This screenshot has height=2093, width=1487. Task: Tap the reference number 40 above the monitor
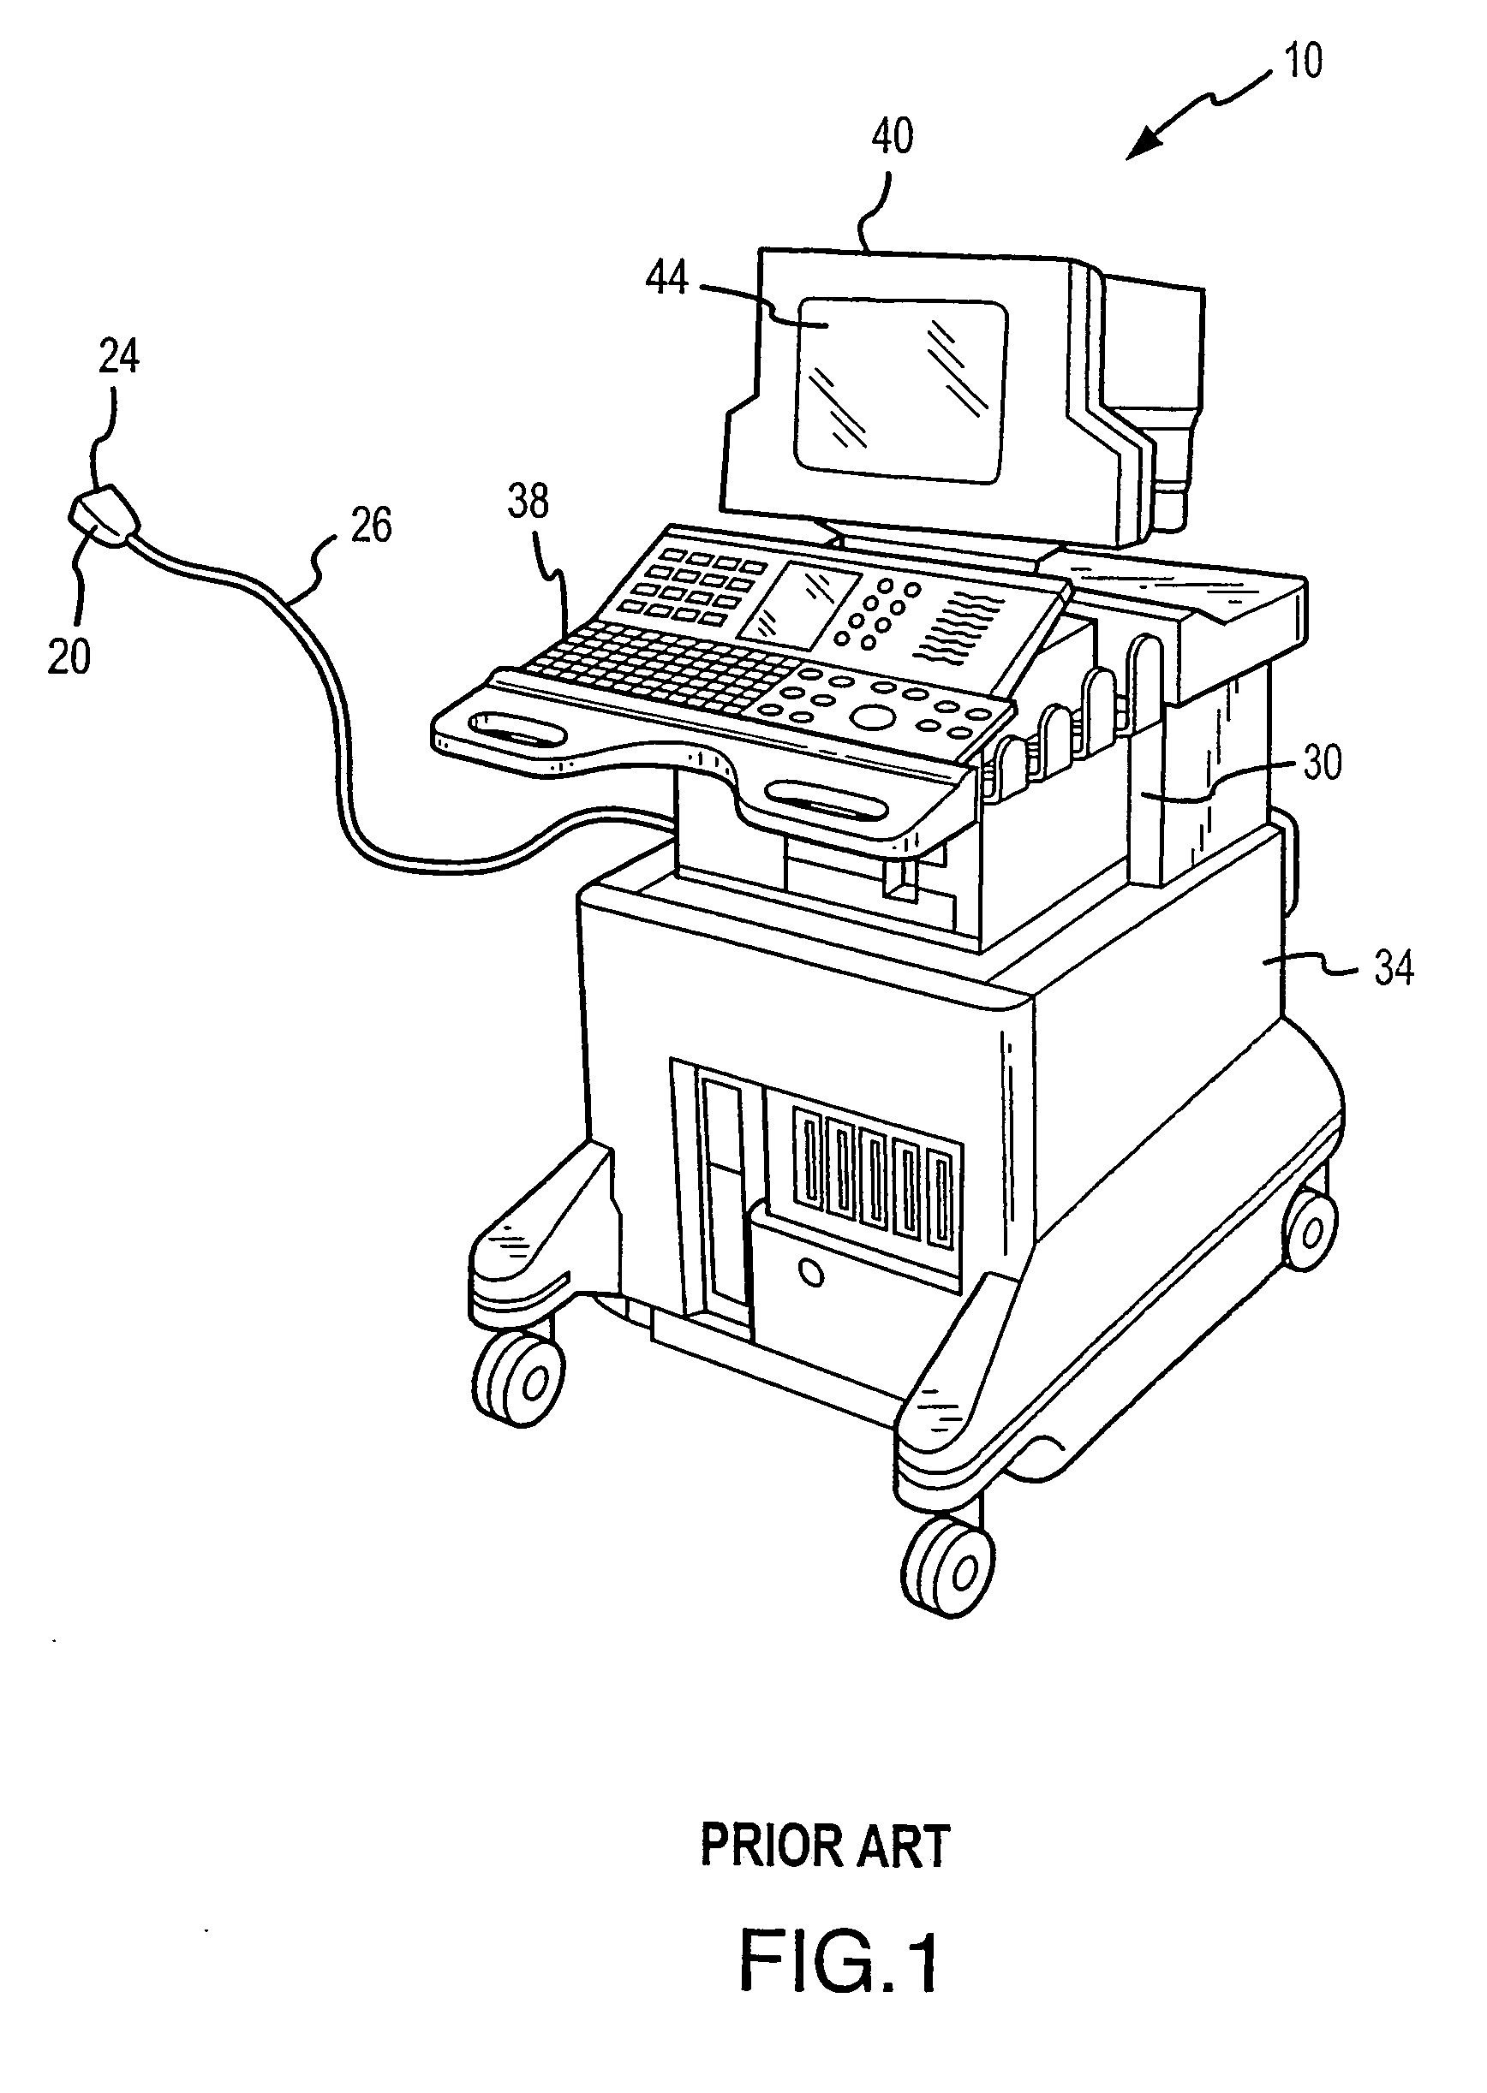(x=891, y=136)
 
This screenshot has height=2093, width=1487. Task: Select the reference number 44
(x=666, y=277)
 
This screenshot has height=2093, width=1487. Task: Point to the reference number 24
(x=119, y=357)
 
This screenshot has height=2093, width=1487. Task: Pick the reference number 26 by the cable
(x=371, y=526)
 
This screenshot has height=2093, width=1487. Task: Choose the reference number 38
(x=529, y=502)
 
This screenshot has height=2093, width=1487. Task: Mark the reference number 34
(x=1393, y=966)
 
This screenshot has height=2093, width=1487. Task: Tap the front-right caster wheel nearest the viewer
(x=951, y=1567)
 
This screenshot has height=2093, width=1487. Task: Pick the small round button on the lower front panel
(x=809, y=1271)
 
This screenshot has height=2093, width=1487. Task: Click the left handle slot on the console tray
(x=507, y=729)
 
